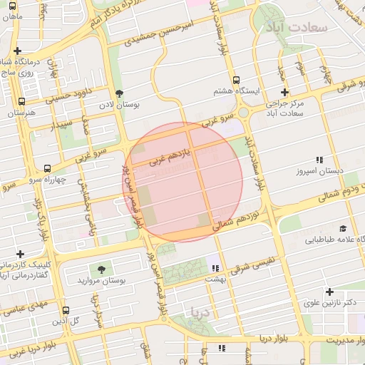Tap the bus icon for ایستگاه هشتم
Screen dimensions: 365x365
[235, 81]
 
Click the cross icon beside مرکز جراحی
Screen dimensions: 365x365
[284, 93]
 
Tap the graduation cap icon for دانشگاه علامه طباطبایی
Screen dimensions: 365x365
[343, 229]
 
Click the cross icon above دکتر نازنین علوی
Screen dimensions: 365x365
[329, 292]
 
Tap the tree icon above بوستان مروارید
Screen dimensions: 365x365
[102, 269]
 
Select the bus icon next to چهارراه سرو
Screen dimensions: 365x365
[47, 169]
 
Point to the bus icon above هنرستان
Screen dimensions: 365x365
[21, 101]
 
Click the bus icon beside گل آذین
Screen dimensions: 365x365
[66, 311]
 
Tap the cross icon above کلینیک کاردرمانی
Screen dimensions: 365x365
[20, 254]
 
